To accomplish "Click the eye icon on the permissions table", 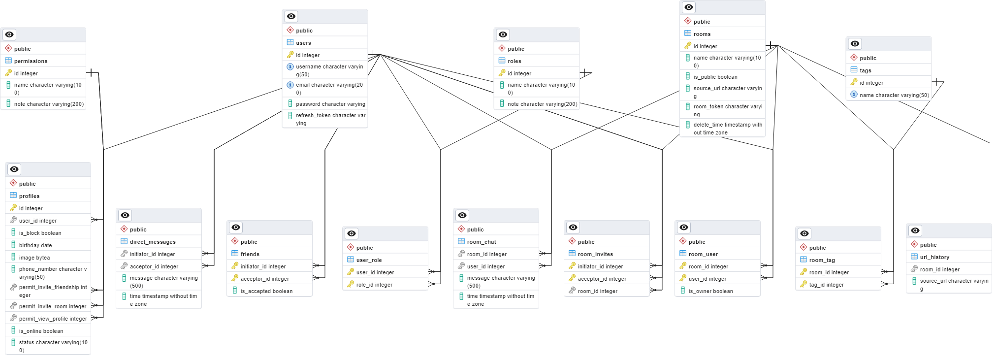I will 9,34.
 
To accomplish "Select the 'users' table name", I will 303,43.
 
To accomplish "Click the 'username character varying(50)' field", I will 329,70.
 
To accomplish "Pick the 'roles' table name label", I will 514,61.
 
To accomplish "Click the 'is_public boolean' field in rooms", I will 715,77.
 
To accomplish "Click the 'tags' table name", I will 865,70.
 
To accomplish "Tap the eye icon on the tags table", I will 855,44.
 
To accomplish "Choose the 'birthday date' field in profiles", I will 35,245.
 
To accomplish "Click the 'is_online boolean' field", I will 41,331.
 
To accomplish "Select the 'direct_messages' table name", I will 153,242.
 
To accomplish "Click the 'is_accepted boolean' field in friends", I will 266,291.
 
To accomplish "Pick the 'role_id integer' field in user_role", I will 374,285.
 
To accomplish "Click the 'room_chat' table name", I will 481,242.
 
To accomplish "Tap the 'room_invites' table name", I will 595,254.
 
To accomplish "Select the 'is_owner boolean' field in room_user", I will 710,291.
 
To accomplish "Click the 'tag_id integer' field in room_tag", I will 826,285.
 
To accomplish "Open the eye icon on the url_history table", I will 915,230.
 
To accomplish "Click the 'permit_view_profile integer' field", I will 53,319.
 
